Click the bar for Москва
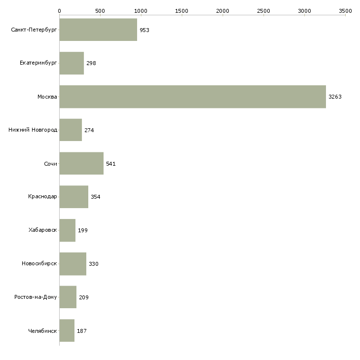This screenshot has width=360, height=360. click(192, 97)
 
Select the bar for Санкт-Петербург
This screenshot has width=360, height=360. click(98, 30)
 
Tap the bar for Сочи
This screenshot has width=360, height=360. click(81, 163)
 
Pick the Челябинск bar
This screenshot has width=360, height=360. click(67, 330)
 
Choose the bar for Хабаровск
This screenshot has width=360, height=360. click(67, 230)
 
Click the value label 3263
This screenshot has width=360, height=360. click(335, 97)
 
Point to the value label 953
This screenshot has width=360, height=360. click(144, 30)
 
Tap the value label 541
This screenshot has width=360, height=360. click(110, 164)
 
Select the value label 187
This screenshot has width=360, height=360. click(81, 331)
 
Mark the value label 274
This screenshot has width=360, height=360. click(89, 130)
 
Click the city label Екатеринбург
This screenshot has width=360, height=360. click(38, 63)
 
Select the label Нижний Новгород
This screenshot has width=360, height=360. click(33, 130)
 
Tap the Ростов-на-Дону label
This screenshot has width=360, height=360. click(36, 297)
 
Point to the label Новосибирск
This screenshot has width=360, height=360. click(39, 264)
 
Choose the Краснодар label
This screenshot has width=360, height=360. click(42, 197)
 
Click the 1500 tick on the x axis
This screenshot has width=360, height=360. click(181, 10)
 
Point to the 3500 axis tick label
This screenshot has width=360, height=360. click(345, 10)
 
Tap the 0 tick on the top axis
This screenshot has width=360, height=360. click(59, 10)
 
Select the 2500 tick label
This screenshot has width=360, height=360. click(263, 10)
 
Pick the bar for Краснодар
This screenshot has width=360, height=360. click(73, 197)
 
